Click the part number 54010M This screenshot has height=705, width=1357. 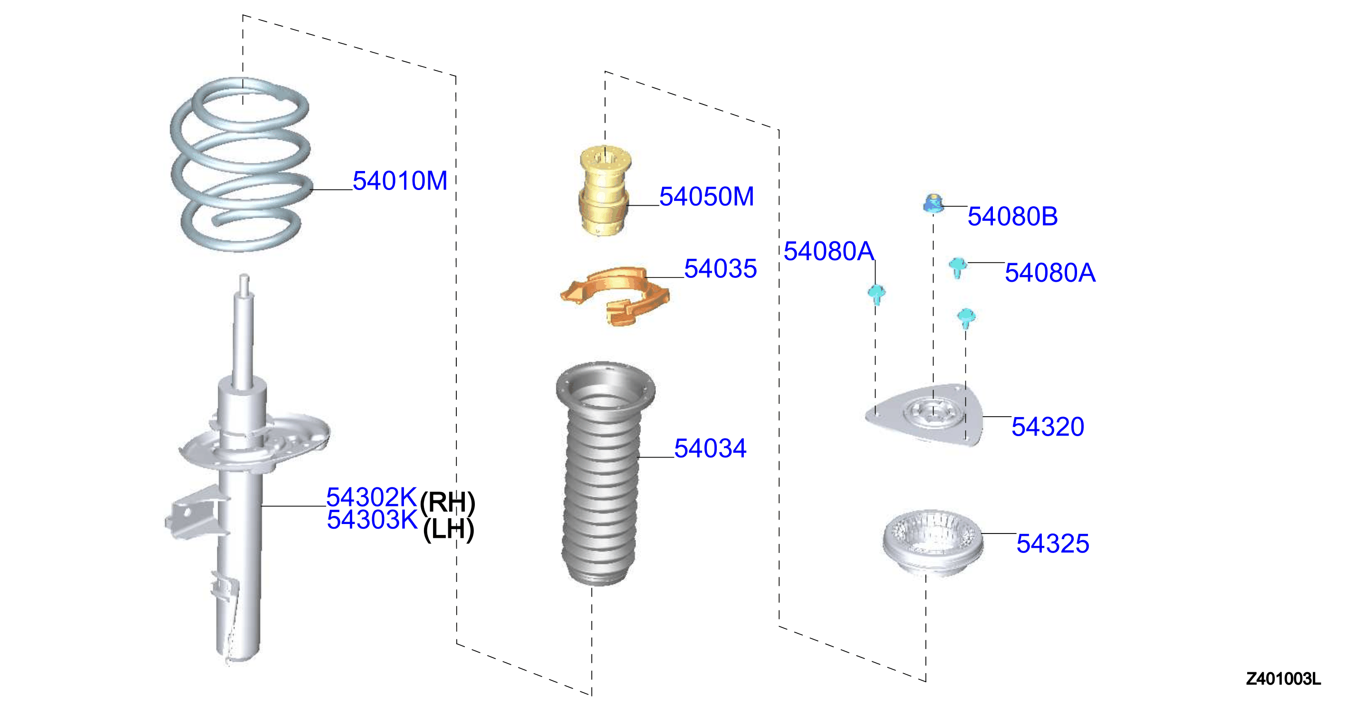400,181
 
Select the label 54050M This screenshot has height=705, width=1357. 706,196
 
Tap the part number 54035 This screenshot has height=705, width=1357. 720,268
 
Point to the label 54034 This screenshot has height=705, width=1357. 710,448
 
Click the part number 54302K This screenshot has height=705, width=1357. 372,497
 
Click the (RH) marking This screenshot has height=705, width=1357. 448,503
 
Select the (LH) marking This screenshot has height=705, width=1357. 449,529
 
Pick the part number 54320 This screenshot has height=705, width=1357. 1048,427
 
